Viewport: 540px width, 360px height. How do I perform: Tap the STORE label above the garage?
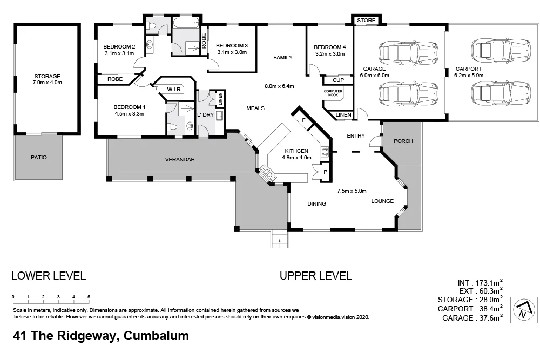coord(366,21)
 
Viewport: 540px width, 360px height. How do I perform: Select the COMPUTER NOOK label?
coord(333,93)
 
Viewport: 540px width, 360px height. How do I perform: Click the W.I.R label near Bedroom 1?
coord(173,89)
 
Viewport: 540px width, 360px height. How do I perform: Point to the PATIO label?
coord(38,158)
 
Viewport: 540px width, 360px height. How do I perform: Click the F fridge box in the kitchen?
coord(304,121)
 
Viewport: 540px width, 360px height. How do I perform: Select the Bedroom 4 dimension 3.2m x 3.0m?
coord(329,54)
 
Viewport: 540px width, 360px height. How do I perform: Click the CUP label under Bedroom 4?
coord(338,80)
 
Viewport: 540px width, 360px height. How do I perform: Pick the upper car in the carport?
coord(500,50)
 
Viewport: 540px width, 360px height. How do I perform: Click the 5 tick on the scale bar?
coord(89,297)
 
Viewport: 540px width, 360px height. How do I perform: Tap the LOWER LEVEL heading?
coord(49,276)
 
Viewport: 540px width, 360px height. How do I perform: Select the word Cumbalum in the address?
coord(157,336)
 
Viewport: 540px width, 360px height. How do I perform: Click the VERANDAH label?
coord(179,160)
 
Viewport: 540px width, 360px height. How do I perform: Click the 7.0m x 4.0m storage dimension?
coord(48,83)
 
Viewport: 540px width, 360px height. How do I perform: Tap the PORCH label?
coord(403,141)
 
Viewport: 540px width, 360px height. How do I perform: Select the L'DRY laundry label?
coord(206,115)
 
